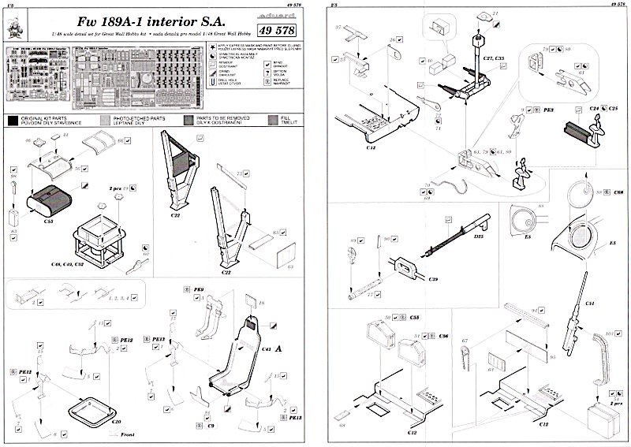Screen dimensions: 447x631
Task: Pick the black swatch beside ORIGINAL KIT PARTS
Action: (12, 121)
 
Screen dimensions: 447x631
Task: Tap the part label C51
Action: (589, 303)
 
